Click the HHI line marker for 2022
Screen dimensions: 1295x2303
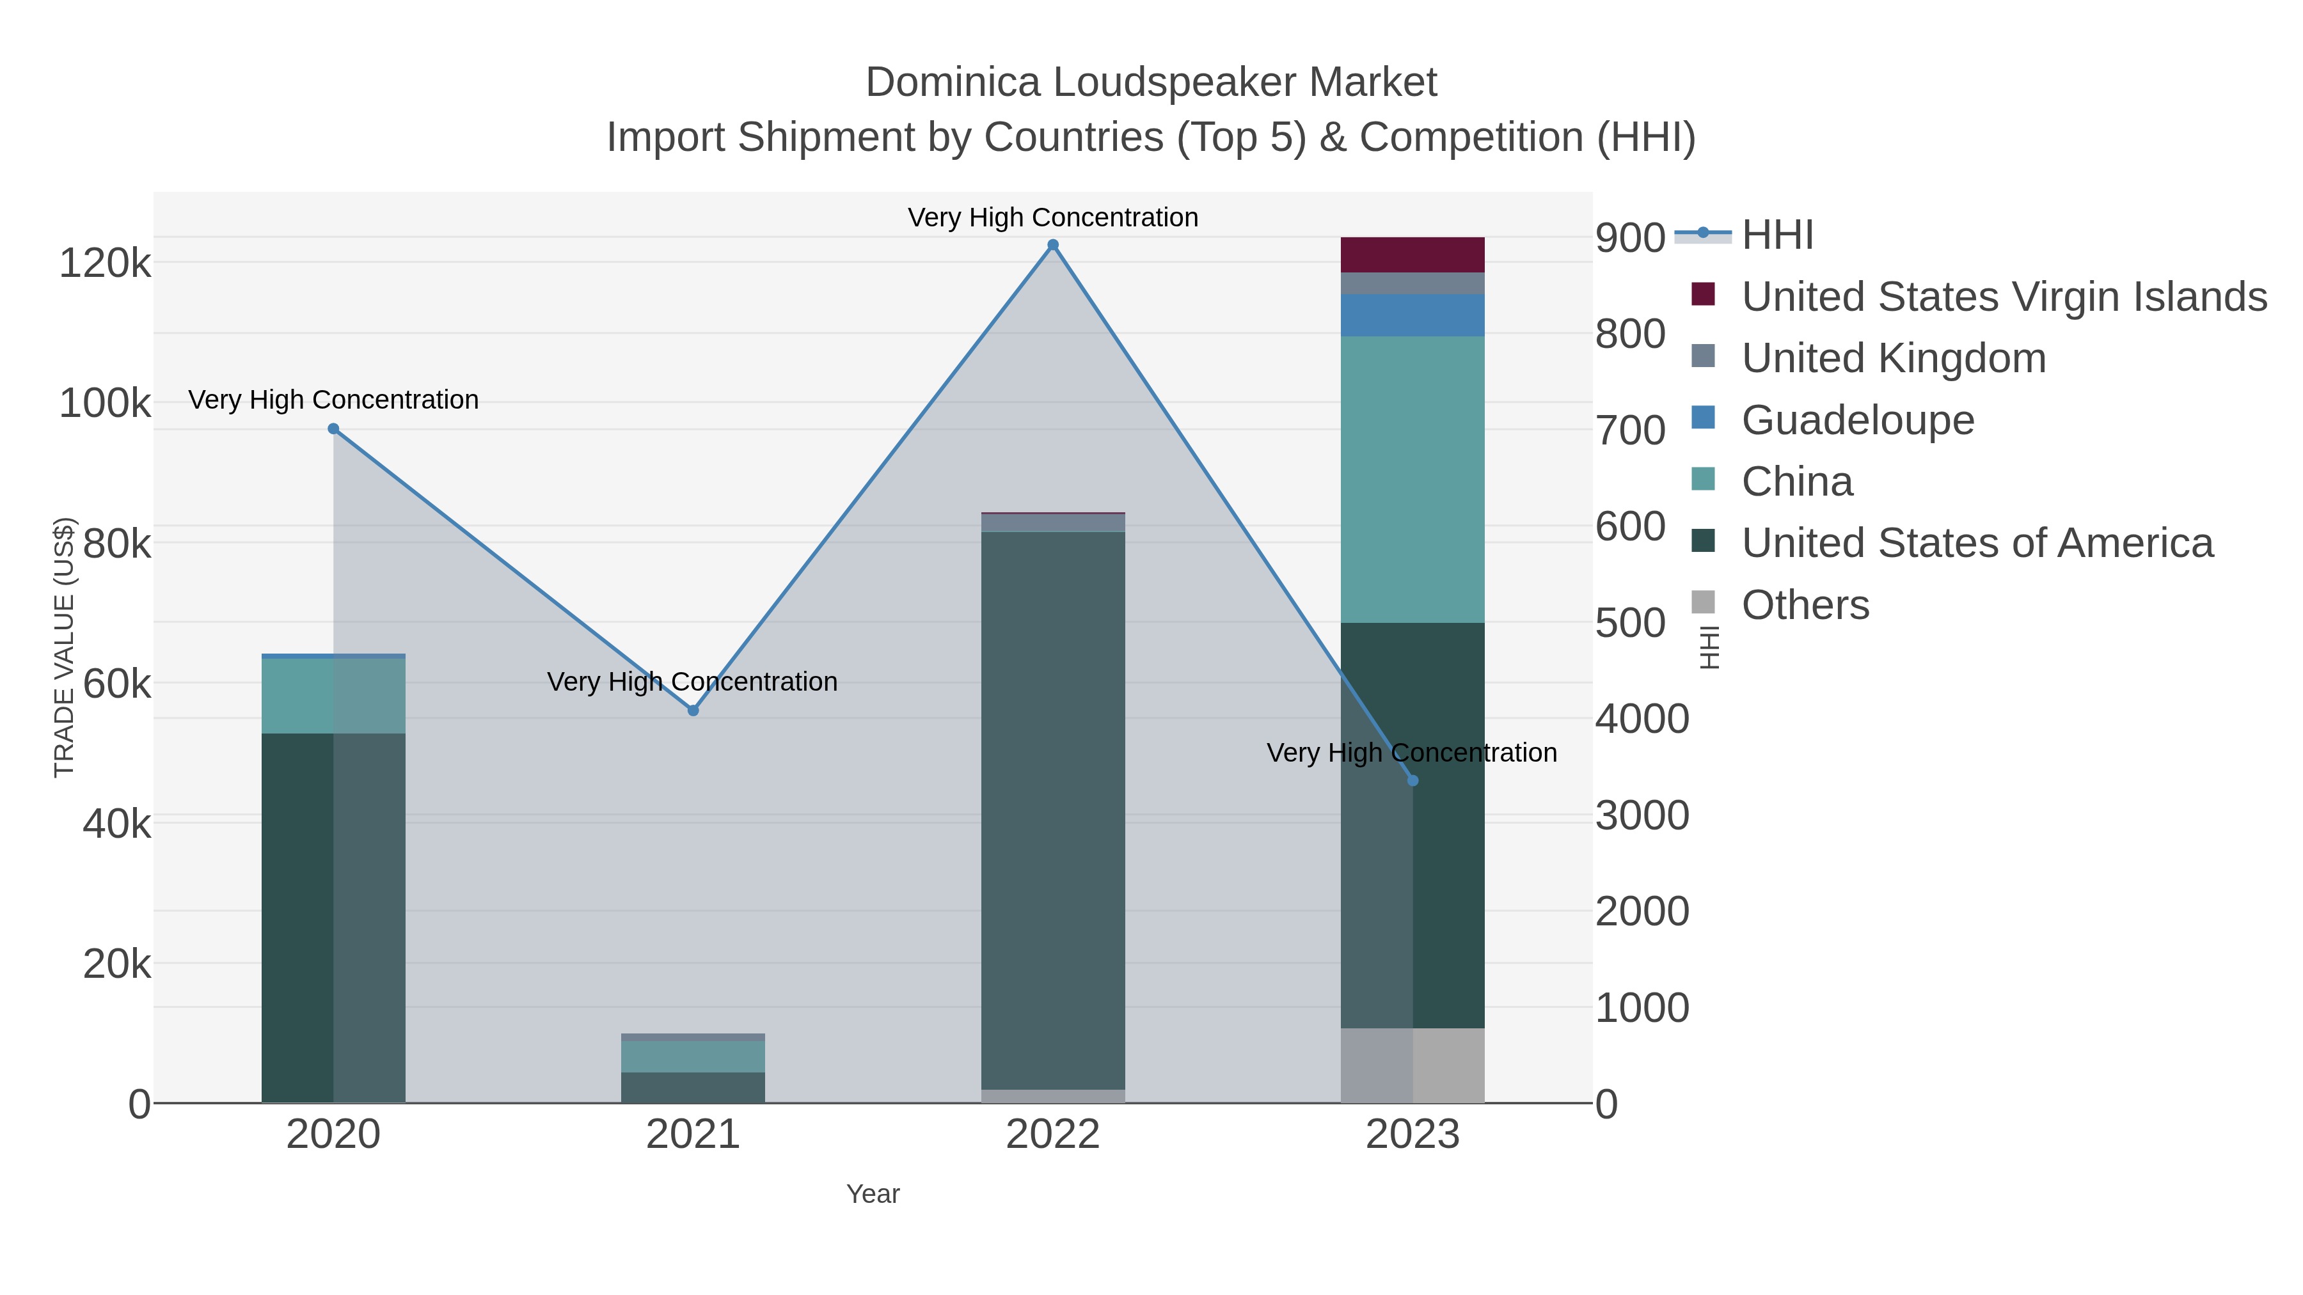point(1052,245)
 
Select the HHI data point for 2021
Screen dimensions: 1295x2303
point(693,710)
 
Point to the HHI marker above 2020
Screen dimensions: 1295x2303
point(333,429)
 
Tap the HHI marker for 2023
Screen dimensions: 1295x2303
point(1413,780)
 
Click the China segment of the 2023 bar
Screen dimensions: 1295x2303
point(1413,479)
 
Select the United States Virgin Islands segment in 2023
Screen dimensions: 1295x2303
point(1413,255)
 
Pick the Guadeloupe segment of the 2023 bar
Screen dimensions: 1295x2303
point(1413,315)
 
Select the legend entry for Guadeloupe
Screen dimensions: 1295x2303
point(1857,420)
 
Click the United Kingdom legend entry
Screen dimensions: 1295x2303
point(1893,358)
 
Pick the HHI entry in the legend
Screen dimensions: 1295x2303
point(1777,235)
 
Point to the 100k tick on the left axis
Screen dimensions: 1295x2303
point(105,404)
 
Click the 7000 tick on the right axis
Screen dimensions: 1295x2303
point(1642,431)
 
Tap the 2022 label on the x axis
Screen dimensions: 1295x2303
point(1052,1135)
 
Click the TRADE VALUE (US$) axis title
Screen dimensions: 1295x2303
point(65,647)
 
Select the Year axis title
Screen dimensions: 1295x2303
point(873,1194)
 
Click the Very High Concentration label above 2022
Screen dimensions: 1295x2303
point(1052,217)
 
